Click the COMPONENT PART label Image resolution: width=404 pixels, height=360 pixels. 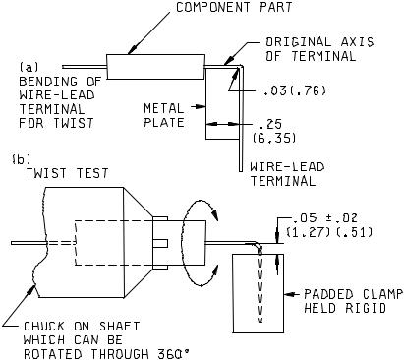pyautogui.click(x=234, y=7)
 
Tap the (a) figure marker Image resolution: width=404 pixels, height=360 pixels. pyautogui.click(x=29, y=67)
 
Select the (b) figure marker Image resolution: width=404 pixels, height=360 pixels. pyautogui.click(x=21, y=159)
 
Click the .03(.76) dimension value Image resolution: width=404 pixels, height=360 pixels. pyautogui.click(x=295, y=90)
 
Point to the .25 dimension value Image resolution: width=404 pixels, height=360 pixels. pyautogui.click(x=270, y=124)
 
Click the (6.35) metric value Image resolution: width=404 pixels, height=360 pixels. pyautogui.click(x=274, y=138)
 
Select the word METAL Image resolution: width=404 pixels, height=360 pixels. pyautogui.click(x=164, y=108)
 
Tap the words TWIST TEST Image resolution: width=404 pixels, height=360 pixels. pyautogui.click(x=67, y=173)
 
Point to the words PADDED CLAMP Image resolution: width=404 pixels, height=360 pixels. pyautogui.click(x=353, y=294)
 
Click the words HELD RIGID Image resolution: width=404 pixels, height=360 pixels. pyautogui.click(x=345, y=308)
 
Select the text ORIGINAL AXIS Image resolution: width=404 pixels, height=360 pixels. pyautogui.click(x=319, y=42)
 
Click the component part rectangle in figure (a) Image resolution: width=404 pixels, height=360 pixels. pyautogui.click(x=156, y=67)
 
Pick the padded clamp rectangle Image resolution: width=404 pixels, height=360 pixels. pyautogui.click(x=259, y=293)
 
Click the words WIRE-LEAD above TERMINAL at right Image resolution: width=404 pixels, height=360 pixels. pyautogui.click(x=287, y=166)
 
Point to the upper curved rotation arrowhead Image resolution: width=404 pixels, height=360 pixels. pyautogui.click(x=214, y=214)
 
